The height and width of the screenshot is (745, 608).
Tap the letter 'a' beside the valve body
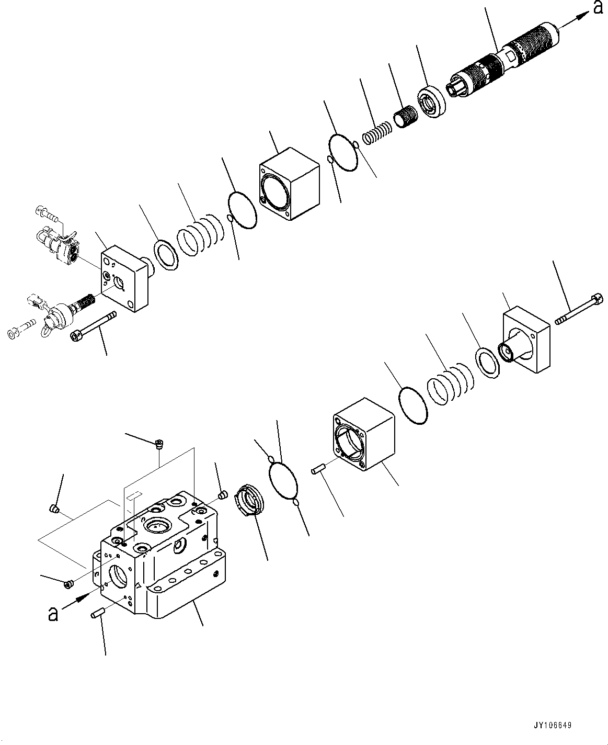coord(52,613)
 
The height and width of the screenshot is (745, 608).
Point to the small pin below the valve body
coord(98,612)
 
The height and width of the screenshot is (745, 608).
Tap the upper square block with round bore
coord(289,184)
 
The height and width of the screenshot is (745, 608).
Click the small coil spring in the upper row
coord(377,133)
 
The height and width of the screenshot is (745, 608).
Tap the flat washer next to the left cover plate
coord(166,255)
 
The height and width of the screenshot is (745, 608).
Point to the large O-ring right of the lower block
coord(412,405)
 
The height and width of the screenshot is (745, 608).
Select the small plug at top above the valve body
coord(160,445)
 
